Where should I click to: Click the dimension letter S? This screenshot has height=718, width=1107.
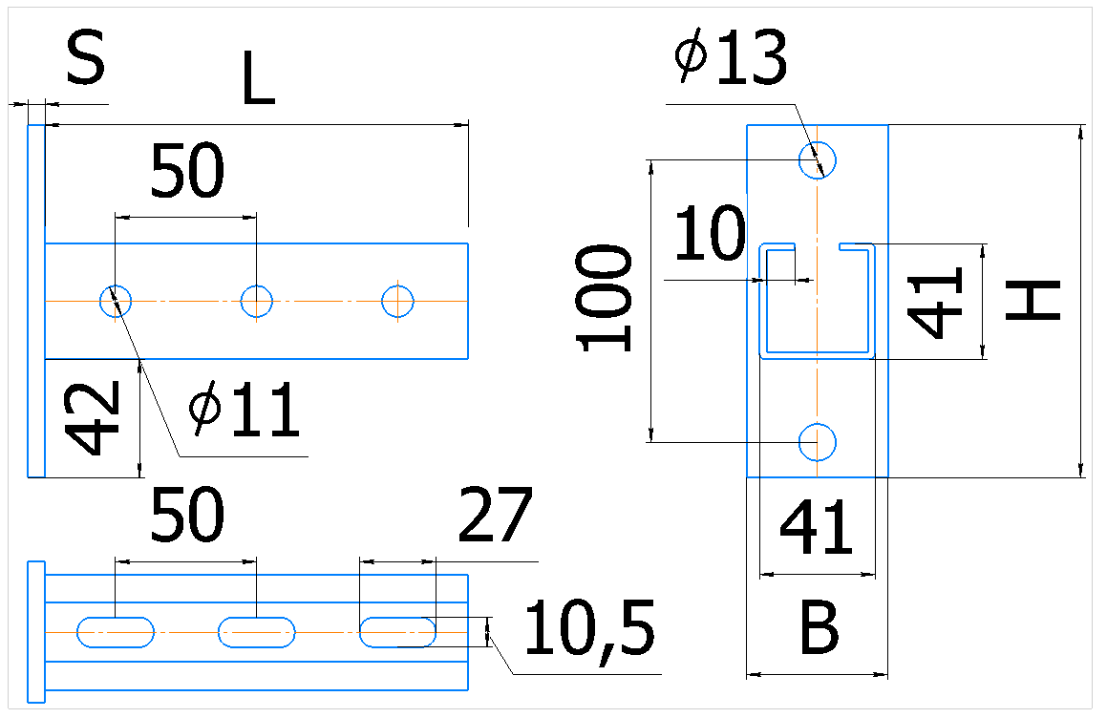coord(85,57)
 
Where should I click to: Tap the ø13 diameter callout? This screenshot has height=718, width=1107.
coord(730,59)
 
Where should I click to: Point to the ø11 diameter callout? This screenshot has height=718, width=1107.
coord(245,410)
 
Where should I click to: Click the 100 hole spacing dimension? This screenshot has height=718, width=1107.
coord(605,298)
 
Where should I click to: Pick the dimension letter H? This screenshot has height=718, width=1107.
coord(1032,301)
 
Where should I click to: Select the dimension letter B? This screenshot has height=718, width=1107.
coord(819,627)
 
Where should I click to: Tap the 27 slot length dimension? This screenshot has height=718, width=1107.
coord(495,516)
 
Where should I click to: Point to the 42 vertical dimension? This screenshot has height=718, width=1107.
coord(93,418)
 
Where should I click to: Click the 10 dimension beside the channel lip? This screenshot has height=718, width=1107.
coord(711,233)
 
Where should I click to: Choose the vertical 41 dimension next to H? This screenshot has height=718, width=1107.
coord(935,302)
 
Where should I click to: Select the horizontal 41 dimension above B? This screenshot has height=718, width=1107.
coord(817,526)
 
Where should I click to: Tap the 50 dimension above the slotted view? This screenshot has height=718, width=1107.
coord(187,516)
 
